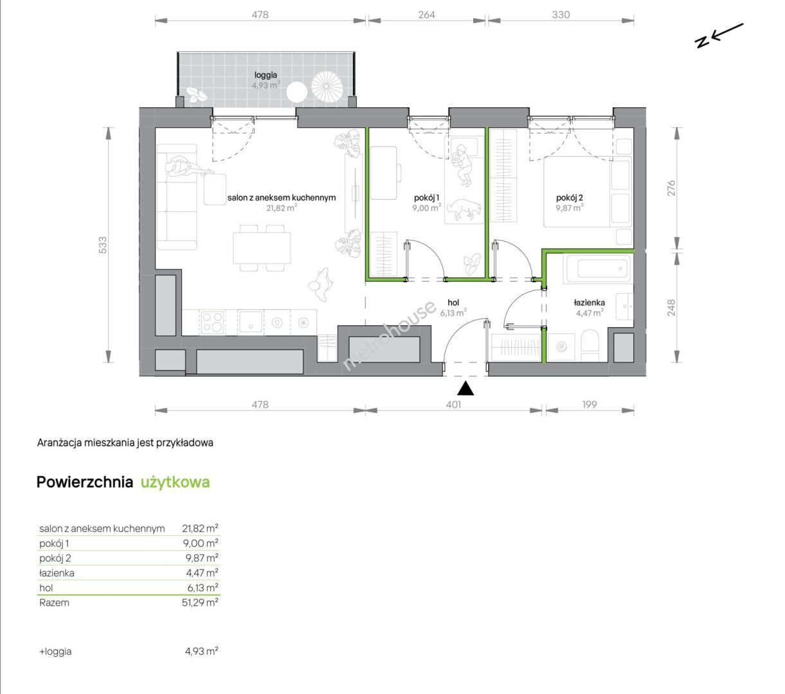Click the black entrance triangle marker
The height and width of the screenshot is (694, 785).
pos(465,388)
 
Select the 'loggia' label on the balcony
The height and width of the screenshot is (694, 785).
pos(266,75)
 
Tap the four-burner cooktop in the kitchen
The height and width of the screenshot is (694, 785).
pos(213,322)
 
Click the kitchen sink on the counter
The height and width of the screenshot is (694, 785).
pos(251,322)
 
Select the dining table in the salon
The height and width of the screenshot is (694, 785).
pos(262,248)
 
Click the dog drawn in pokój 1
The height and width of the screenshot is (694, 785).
pos(464,209)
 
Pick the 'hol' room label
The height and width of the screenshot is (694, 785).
pos(453,303)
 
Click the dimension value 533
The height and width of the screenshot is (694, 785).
pos(102,245)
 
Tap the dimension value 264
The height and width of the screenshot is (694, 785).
pos(427,15)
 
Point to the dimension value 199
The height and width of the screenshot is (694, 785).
pos(590,405)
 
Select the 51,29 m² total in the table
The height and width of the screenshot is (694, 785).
pos(200,603)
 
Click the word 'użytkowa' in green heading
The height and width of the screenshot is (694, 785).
pos(175,482)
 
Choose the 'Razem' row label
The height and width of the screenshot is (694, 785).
pos(54,603)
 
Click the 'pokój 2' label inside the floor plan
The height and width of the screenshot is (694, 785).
pos(569,198)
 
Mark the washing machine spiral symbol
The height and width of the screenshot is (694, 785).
pos(561,346)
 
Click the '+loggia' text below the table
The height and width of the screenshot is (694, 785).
pos(55,652)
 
